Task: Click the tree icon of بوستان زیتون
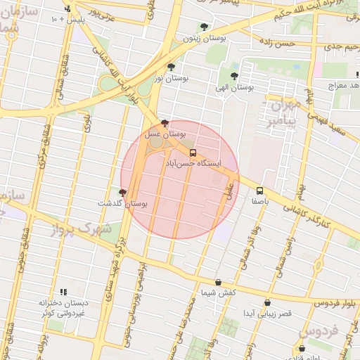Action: coord(204,27)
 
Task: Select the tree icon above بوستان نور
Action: coord(171,67)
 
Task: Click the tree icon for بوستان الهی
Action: coord(234,76)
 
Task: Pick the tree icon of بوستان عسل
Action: coord(165,122)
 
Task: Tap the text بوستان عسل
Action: coord(165,133)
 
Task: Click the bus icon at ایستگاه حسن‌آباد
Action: coord(193,152)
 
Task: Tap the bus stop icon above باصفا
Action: coord(260,190)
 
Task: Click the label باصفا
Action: coord(260,200)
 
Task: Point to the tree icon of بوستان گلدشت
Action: coord(123,192)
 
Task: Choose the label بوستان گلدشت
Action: coord(123,203)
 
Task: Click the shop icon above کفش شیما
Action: coord(218,282)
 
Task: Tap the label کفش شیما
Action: coord(218,292)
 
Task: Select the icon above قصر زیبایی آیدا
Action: coord(267,303)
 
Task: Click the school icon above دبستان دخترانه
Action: coord(63,292)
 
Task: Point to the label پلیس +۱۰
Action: coord(67,20)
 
